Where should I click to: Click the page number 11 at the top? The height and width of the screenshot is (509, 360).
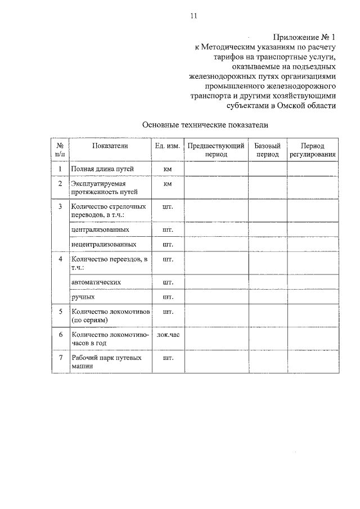point(193,16)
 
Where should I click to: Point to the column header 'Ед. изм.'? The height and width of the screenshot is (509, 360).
point(167,146)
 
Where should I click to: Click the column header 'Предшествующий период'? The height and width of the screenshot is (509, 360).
point(216,150)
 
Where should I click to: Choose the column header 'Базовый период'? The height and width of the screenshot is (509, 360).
point(267,150)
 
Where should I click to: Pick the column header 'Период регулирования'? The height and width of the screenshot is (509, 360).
point(313,150)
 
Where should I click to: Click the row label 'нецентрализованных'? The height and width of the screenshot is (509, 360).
point(104,245)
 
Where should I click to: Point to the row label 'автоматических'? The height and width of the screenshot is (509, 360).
point(97,281)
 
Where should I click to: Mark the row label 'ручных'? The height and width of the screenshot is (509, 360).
point(83,296)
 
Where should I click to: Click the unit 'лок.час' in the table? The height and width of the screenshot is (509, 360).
point(168,334)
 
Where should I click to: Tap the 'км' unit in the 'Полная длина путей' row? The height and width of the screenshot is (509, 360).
point(168,169)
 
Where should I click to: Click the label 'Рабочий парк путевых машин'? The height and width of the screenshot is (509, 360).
point(106,362)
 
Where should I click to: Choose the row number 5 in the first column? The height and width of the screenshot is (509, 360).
point(60,310)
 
